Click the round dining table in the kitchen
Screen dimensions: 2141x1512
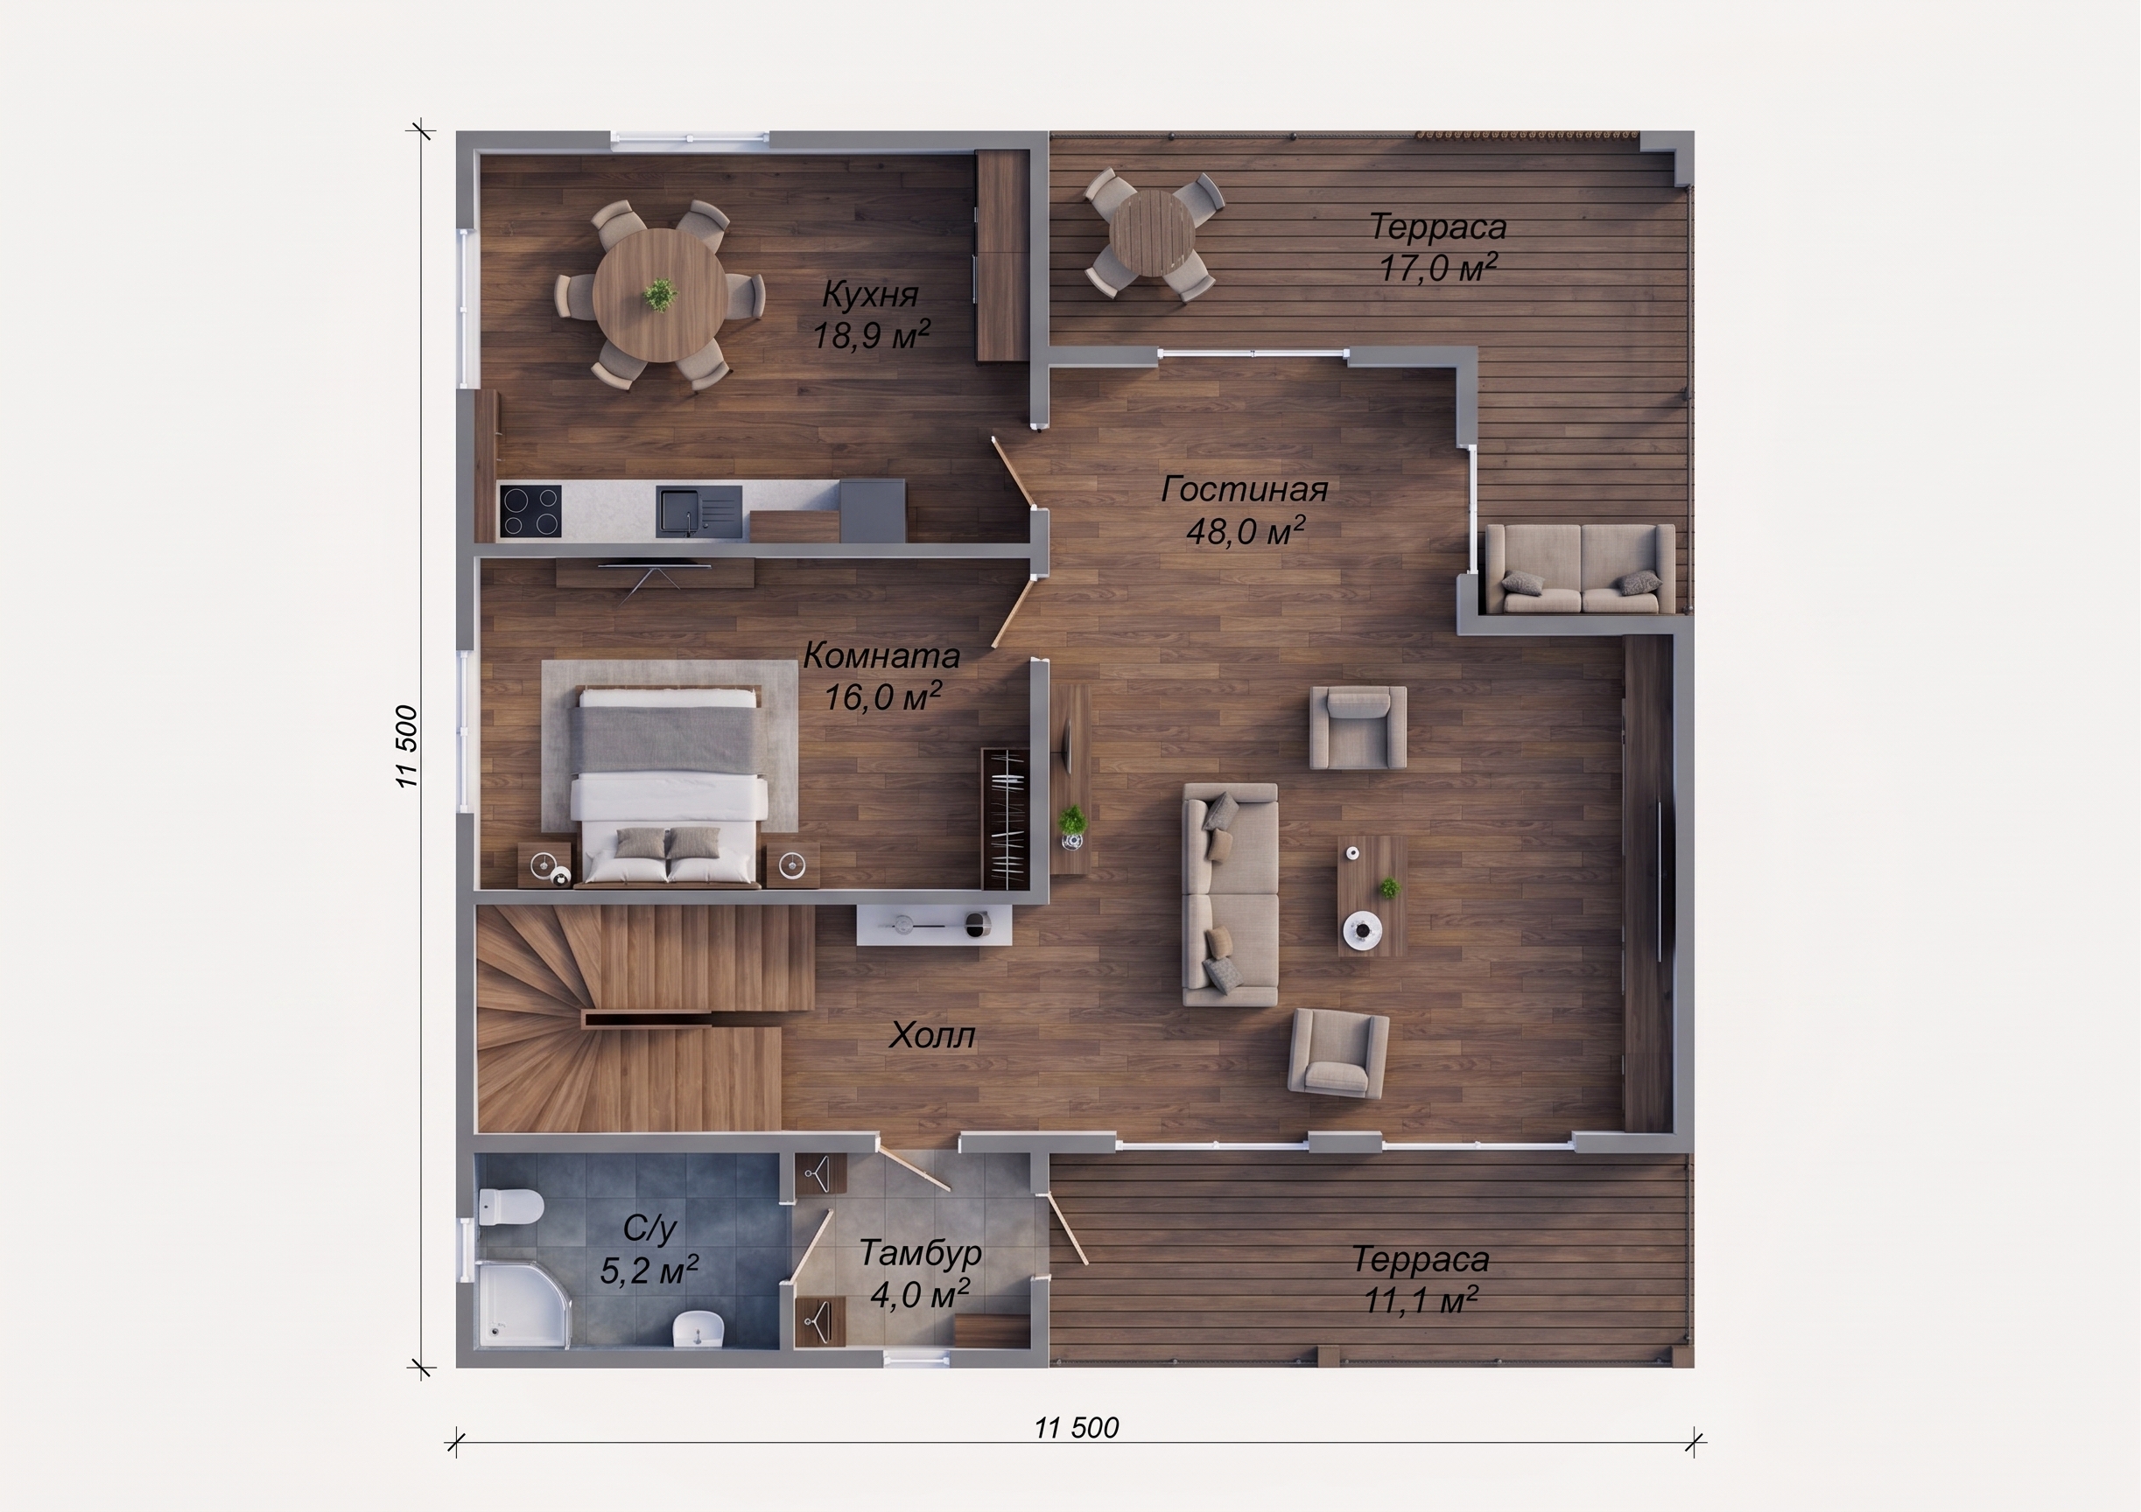click(x=659, y=295)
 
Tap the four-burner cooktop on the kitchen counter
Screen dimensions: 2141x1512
click(x=530, y=511)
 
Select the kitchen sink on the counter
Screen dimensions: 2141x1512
click(x=699, y=511)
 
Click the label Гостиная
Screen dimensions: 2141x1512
click(x=1244, y=489)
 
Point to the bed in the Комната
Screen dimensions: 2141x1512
click(x=668, y=785)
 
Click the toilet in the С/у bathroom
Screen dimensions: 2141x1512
click(x=509, y=1207)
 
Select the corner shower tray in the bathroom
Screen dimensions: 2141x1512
click(x=523, y=1304)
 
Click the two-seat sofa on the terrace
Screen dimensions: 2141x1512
click(x=1581, y=568)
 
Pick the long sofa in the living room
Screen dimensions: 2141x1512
click(x=1230, y=894)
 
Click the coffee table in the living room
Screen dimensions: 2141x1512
click(x=1372, y=896)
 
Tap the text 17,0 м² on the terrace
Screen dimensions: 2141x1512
click(x=1438, y=269)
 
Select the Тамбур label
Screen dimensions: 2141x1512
click(x=919, y=1253)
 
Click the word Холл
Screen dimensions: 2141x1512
click(x=931, y=1036)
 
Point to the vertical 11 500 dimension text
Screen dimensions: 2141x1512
click(x=408, y=746)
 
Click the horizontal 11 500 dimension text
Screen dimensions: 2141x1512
click(x=1076, y=1428)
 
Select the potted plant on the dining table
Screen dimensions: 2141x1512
click(x=660, y=296)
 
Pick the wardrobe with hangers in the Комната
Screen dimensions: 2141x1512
click(x=1005, y=818)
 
